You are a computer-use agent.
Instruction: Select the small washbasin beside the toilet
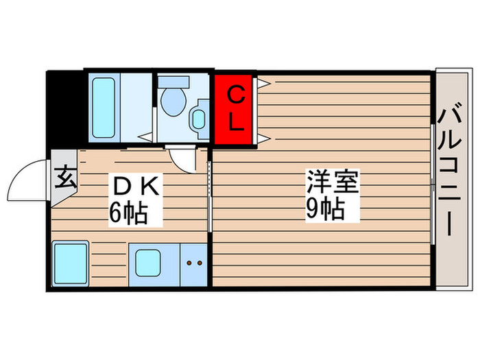point(199,118)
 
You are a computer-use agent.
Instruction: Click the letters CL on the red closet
point(235,108)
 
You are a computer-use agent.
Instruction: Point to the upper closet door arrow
point(263,84)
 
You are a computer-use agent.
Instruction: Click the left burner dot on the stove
point(191,263)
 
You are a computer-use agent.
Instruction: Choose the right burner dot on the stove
point(200,263)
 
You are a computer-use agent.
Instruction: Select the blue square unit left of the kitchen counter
point(70,263)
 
